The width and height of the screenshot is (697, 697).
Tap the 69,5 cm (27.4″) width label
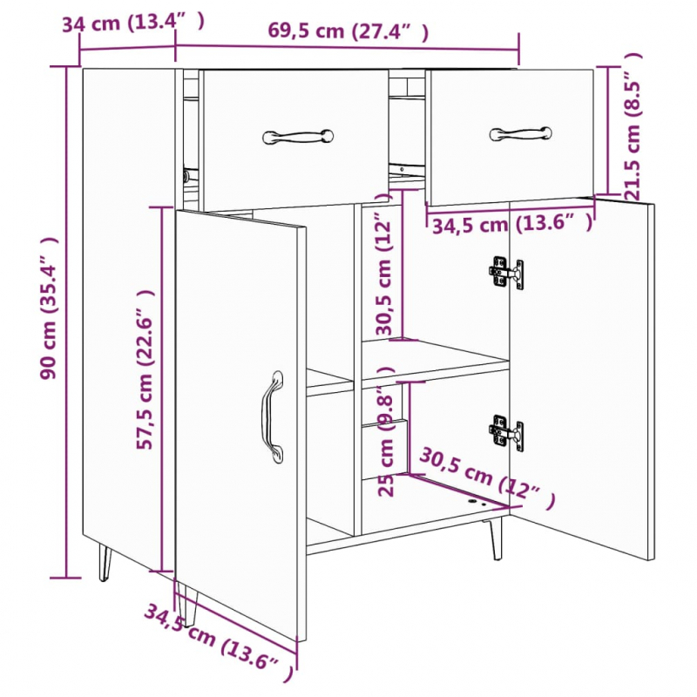coord(348,32)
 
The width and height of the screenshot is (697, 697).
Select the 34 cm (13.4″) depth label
coord(134,23)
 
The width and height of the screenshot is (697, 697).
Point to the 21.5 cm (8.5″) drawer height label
coord(633,125)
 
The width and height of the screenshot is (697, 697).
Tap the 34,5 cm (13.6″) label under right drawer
coord(512,225)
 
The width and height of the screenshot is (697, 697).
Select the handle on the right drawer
coord(520,133)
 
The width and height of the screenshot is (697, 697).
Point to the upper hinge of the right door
coord(506,273)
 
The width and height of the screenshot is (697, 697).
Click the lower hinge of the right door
coord(506,432)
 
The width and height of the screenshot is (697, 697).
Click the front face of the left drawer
coord(294,166)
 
